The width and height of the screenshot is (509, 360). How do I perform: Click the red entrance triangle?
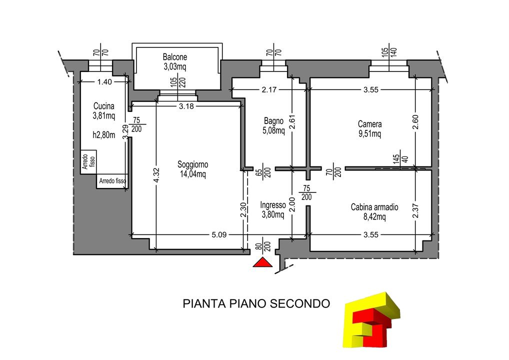[262, 262]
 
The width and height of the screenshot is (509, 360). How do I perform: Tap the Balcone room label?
[175, 57]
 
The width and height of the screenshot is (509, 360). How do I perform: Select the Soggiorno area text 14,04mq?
[193, 174]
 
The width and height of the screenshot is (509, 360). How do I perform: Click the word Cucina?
[104, 106]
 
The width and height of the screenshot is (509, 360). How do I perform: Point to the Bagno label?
[273, 121]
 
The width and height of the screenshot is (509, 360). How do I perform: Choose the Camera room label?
[369, 124]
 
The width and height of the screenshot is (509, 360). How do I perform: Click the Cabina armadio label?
[374, 207]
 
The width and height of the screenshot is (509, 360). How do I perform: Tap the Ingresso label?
[273, 205]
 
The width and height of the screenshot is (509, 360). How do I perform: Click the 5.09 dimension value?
[219, 234]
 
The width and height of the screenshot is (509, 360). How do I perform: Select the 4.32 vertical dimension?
[156, 175]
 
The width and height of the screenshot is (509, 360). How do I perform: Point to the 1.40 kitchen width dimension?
[104, 82]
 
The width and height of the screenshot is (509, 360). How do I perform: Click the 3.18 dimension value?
[186, 106]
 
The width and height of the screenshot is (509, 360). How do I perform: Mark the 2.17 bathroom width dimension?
[269, 89]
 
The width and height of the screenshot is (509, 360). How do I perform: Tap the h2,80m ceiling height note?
[104, 135]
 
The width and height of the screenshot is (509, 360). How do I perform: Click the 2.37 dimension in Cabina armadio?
[416, 211]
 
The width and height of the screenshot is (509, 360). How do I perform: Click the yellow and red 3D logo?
[371, 319]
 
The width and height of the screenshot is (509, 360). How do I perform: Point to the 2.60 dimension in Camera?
[416, 122]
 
